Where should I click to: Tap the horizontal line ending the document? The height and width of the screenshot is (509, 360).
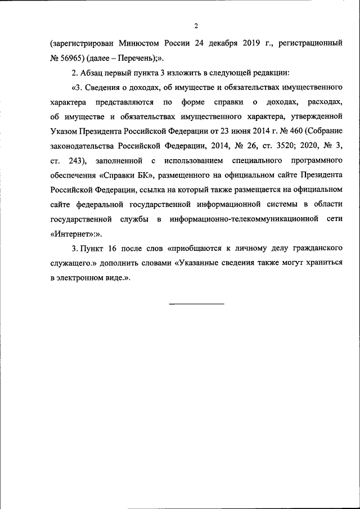[x=196, y=304]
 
